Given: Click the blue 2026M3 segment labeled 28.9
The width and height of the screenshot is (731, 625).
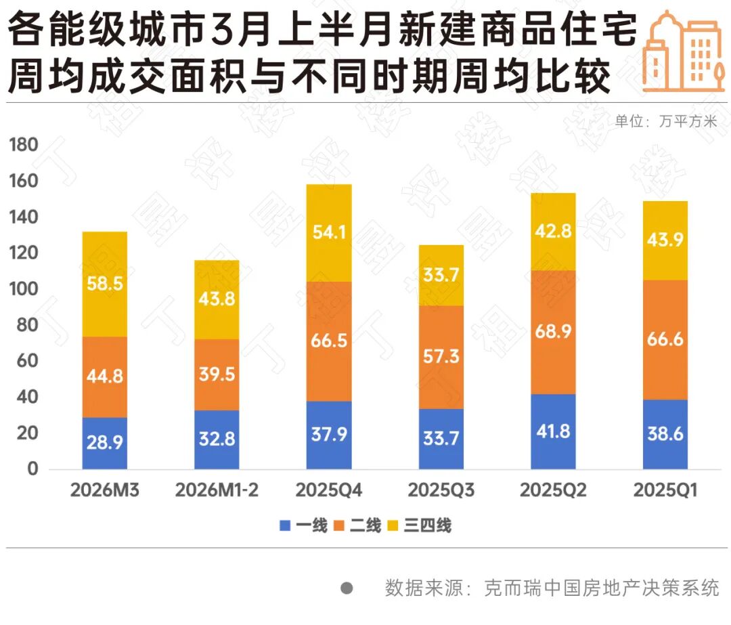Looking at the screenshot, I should [x=104, y=443].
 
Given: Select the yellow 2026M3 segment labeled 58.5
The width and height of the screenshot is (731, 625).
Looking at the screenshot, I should [x=104, y=284].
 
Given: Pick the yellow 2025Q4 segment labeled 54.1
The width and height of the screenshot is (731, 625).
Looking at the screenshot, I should [x=329, y=233].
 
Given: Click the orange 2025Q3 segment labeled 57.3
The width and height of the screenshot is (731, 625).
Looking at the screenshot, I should [x=441, y=357].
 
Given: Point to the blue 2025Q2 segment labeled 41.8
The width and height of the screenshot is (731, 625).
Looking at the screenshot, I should [x=553, y=431].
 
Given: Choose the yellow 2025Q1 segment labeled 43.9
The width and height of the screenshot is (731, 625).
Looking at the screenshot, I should [x=665, y=240].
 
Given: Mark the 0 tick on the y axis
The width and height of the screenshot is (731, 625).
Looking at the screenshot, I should [x=33, y=469].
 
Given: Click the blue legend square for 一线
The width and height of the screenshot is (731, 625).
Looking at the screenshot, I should [x=285, y=525].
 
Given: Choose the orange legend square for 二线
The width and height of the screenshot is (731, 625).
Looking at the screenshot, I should [x=340, y=525].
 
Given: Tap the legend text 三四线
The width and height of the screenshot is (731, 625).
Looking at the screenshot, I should [x=428, y=525].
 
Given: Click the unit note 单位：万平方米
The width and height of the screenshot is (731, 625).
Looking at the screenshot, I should [x=665, y=122].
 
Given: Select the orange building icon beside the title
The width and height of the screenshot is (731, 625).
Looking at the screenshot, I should [x=682, y=52].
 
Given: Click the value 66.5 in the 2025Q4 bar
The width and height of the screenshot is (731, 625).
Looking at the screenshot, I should [x=329, y=341].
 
